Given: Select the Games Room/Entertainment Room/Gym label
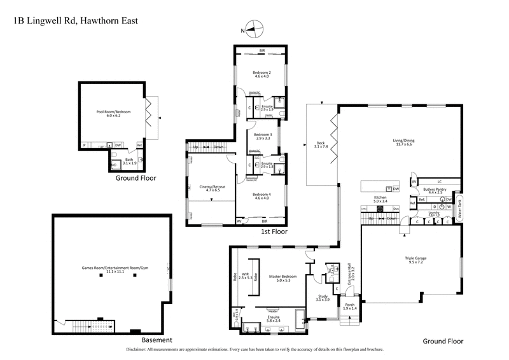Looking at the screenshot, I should (111, 270).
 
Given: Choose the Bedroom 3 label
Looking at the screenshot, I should (263, 135).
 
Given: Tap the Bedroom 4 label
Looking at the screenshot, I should (261, 196).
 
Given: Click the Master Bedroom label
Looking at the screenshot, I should (280, 276).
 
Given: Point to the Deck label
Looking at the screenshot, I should (321, 144).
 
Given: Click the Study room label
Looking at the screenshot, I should (323, 297).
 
